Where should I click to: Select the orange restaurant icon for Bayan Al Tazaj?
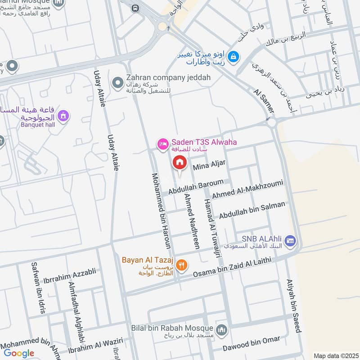(x=182, y=265)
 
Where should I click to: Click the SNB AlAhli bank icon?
(x=290, y=241)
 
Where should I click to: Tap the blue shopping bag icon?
(x=234, y=57)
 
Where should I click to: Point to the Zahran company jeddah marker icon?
(x=118, y=82)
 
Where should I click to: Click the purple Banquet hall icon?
(x=64, y=116)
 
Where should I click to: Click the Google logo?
(x=19, y=353)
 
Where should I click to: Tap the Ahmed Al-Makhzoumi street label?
(x=247, y=189)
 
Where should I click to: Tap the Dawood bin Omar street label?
(x=251, y=344)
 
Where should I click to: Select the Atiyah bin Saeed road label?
(x=293, y=306)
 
